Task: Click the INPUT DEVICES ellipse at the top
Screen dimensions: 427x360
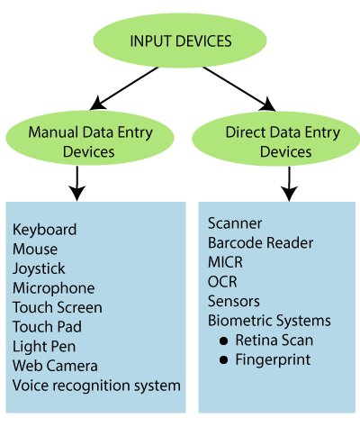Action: pyautogui.click(x=180, y=41)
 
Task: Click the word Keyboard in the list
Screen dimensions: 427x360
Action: pyautogui.click(x=44, y=230)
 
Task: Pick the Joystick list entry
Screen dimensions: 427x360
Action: pyautogui.click(x=39, y=268)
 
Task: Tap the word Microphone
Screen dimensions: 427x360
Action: pyautogui.click(x=53, y=288)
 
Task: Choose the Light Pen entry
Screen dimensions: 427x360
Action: pyautogui.click(x=44, y=347)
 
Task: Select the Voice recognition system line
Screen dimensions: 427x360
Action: pyautogui.click(x=96, y=386)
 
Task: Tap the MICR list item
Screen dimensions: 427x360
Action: pyautogui.click(x=225, y=262)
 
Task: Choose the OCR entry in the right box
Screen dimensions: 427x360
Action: pyautogui.click(x=221, y=282)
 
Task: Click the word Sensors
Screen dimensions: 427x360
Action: pyautogui.click(x=233, y=301)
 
